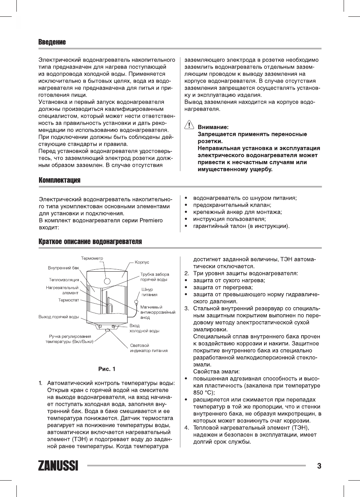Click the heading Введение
tap(52, 42)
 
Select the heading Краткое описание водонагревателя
tap(90, 242)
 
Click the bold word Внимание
tap(213, 127)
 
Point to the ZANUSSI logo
tap(58, 466)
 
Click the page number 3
tap(319, 466)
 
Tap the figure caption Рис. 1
tap(106, 368)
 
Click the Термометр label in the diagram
tap(92, 258)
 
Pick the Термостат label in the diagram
tap(69, 300)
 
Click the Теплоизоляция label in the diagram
tap(64, 279)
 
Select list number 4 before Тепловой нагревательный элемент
tap(186, 428)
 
